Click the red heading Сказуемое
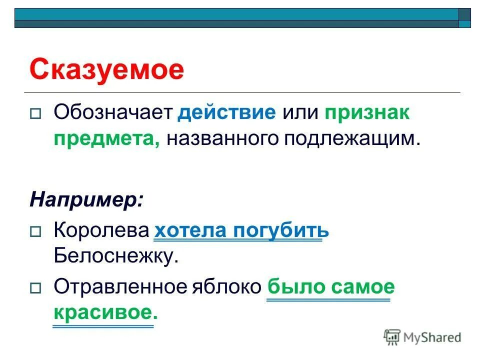[106, 69]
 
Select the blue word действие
[226, 112]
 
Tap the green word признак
[367, 112]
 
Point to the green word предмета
[107, 138]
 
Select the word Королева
[101, 230]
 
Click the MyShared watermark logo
[422, 337]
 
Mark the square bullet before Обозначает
[35, 114]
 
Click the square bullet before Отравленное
[35, 288]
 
